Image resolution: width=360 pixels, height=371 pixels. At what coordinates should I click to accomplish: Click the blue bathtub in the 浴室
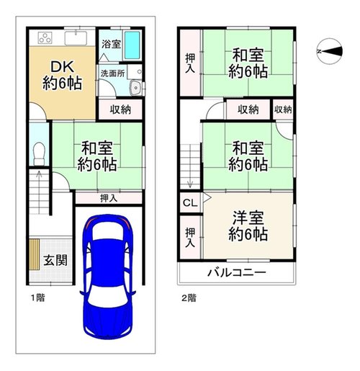pos(132,45)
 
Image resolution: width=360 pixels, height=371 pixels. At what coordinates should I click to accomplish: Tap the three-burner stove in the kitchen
pos(45,37)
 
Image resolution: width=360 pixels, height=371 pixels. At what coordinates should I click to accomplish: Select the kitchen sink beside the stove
pos(76,38)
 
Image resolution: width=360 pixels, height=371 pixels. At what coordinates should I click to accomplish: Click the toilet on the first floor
pos(39,153)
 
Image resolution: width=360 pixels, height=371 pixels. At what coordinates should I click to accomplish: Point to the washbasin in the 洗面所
pos(136,88)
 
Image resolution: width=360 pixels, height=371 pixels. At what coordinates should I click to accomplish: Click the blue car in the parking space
pos(108,277)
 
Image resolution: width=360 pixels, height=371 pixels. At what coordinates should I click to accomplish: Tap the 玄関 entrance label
pos(55,261)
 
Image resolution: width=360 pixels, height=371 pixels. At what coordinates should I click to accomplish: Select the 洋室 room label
pos(248,218)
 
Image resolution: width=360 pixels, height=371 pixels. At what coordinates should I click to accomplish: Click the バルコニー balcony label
pos(237,273)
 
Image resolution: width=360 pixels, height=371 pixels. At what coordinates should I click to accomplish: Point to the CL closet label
pos(190,203)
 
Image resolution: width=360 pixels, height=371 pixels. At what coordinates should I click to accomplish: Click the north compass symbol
pos(330,51)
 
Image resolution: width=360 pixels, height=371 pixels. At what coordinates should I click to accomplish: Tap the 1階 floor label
pos(38,298)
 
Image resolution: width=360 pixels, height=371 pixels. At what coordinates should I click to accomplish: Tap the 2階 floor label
pos(189,298)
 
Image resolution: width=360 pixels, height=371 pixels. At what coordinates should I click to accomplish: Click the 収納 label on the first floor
pos(120,109)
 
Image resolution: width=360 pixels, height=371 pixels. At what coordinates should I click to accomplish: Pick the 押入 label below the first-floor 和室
pos(109,198)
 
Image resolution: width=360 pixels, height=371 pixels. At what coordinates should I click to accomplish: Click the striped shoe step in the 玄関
pos(35,254)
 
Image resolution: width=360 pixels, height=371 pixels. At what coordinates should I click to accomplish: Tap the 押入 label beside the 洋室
pos(190,237)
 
